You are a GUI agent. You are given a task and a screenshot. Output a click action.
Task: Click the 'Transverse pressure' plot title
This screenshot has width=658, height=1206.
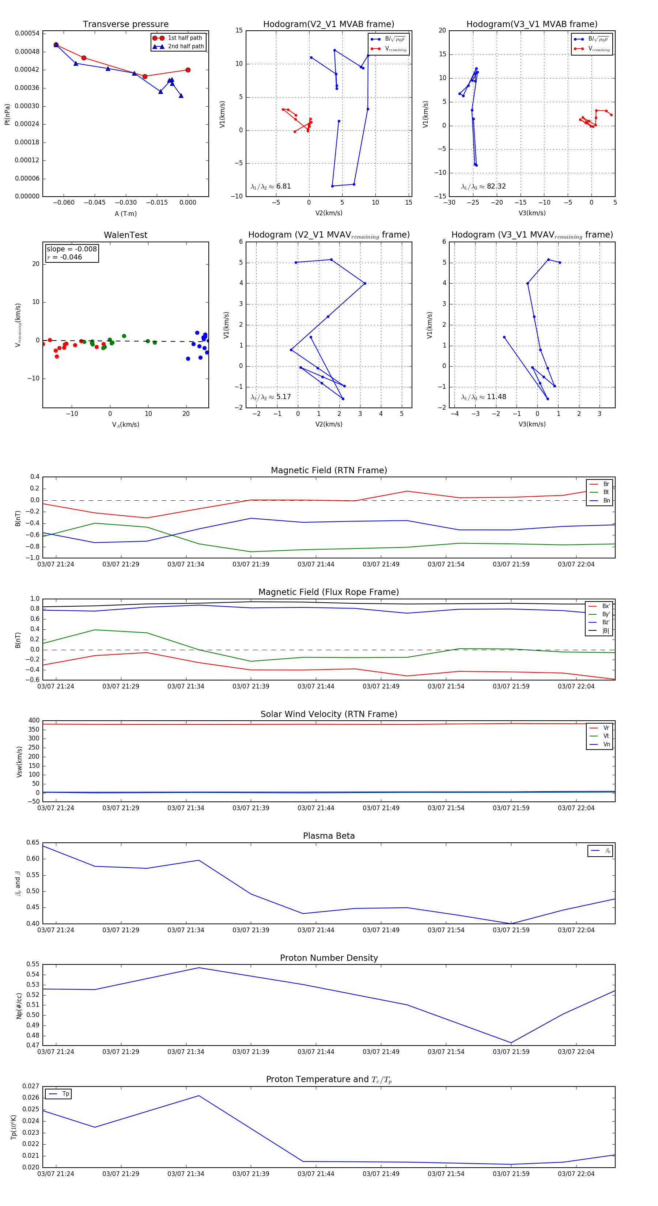(125, 24)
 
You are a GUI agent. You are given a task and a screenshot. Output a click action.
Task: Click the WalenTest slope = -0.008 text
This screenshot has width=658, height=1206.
(72, 249)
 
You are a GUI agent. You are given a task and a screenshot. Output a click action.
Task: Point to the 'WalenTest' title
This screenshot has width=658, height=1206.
(125, 235)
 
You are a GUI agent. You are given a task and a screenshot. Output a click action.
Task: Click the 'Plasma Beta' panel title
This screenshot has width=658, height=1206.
(329, 836)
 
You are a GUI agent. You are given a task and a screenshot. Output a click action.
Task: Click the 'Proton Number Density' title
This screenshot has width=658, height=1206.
(329, 958)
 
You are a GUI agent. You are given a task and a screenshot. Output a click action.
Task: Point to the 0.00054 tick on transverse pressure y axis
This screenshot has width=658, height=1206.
(27, 33)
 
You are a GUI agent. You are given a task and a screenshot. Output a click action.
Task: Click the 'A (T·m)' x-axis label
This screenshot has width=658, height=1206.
(125, 213)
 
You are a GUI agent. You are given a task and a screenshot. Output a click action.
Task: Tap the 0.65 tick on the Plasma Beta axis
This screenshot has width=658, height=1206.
(33, 842)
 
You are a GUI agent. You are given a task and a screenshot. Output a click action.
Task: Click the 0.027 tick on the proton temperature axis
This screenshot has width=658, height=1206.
(31, 1086)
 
